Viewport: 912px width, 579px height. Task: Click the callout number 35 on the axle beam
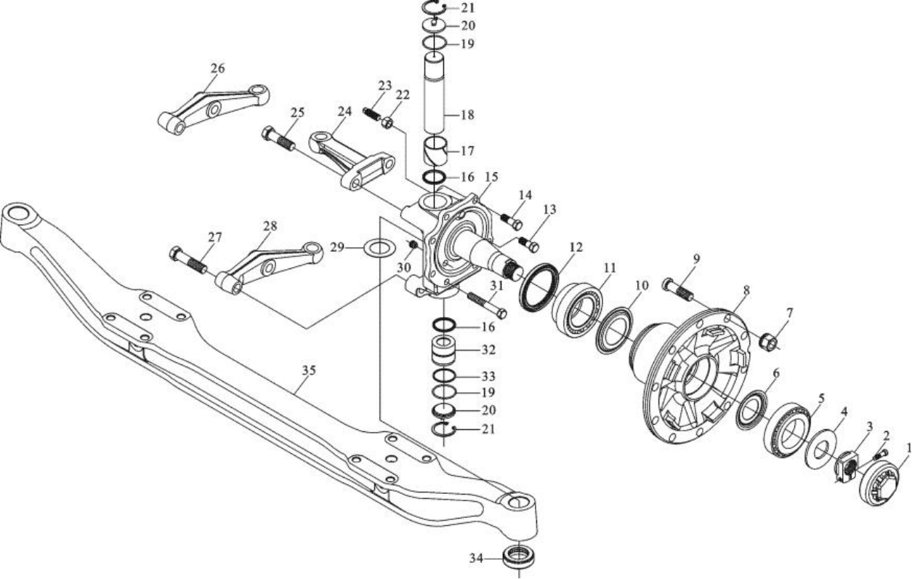(309, 370)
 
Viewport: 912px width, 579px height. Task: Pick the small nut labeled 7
(769, 341)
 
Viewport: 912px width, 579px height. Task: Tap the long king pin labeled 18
(435, 95)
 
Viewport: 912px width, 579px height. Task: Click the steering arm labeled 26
(213, 110)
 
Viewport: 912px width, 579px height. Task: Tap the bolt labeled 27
(188, 260)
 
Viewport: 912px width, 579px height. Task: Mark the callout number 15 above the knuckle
(491, 177)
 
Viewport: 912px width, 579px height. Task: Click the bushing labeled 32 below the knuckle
(444, 351)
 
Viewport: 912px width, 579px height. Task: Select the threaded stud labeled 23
(373, 113)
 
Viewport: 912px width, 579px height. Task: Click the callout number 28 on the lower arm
(270, 225)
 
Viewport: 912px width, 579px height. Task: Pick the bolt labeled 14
(511, 221)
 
